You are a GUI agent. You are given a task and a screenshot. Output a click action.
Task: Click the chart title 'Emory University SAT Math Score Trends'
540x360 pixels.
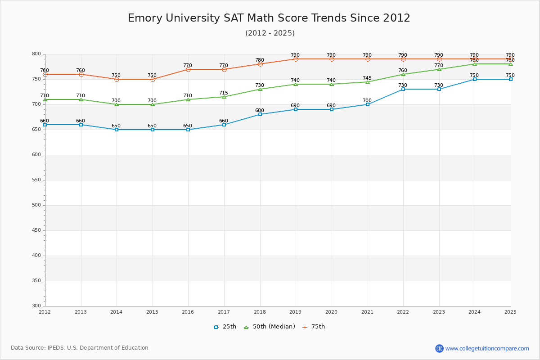click(269, 18)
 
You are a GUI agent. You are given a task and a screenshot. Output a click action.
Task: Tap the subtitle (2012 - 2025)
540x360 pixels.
click(270, 33)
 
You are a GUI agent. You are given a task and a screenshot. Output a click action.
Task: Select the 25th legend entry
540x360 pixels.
click(225, 327)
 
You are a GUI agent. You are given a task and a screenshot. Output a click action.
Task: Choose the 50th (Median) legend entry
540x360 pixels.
click(269, 327)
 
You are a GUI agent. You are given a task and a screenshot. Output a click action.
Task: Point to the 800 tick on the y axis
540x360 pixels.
click(36, 54)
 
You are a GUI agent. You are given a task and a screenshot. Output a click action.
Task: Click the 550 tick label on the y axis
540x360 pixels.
click(36, 180)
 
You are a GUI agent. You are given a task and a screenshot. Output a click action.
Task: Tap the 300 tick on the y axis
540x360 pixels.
click(36, 306)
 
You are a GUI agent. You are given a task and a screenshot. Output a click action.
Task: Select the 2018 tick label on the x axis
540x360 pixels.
click(260, 312)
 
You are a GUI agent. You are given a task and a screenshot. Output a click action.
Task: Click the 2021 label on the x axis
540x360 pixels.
click(367, 312)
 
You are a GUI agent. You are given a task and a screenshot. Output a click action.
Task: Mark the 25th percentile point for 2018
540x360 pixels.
click(260, 114)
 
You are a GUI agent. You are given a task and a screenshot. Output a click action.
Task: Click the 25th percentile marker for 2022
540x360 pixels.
click(403, 89)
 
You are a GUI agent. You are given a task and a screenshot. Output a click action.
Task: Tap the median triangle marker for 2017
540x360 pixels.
click(224, 97)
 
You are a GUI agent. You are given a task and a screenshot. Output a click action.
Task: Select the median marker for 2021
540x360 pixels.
click(368, 82)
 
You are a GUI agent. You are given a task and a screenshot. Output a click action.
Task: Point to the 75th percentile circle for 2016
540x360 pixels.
click(188, 69)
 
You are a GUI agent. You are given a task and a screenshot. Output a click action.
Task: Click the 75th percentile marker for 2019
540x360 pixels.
click(296, 59)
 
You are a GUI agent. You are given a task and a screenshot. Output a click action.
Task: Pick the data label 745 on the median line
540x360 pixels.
click(367, 78)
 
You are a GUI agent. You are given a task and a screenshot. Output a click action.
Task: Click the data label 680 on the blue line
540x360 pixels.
click(260, 110)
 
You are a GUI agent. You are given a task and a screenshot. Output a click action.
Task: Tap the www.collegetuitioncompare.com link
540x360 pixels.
click(487, 348)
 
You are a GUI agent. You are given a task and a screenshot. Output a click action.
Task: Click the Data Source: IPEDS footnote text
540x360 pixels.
click(80, 348)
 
